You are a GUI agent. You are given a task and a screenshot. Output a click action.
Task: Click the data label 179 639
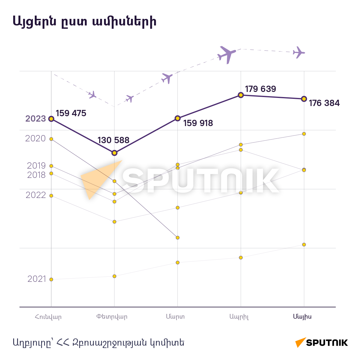tap(260, 89)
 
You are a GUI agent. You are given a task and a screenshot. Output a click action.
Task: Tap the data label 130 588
tap(114, 140)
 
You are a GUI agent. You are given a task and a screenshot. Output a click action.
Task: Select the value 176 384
tap(324, 103)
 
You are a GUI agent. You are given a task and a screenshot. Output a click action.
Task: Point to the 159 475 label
tap(71, 113)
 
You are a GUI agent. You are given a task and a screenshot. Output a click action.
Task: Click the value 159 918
tap(198, 123)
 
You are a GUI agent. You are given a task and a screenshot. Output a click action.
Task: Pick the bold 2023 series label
tap(36, 119)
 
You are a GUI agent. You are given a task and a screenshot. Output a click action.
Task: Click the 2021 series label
tap(37, 279)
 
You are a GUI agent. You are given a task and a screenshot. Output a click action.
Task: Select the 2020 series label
tap(35, 138)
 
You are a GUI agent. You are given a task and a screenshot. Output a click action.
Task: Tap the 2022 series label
tap(36, 195)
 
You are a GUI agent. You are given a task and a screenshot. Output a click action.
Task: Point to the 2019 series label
tap(36, 166)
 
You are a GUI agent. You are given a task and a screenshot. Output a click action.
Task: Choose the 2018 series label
tap(36, 175)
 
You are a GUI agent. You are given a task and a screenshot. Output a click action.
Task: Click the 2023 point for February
tap(115, 153)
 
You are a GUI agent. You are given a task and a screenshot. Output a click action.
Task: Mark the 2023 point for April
tap(241, 95)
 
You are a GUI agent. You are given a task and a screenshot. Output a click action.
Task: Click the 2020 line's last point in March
tap(178, 238)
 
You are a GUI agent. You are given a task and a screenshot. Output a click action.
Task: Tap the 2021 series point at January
tap(51, 279)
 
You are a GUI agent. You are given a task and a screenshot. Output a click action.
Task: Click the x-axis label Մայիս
tap(302, 317)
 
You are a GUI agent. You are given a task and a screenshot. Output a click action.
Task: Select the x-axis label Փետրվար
tap(112, 317)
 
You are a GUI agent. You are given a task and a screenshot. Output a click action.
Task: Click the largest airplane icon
tap(227, 55)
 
